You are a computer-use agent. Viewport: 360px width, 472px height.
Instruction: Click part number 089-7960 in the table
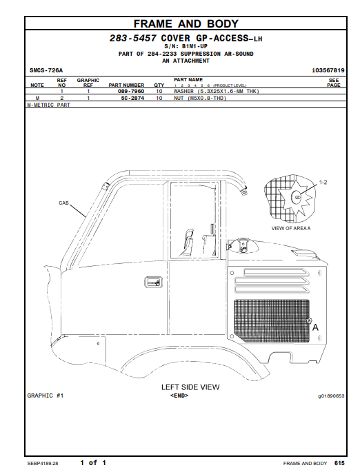point(131,91)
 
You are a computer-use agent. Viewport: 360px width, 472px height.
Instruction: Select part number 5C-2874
point(132,98)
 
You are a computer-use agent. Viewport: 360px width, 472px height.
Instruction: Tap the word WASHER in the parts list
point(183,91)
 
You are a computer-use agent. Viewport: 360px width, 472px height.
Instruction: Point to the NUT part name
point(179,98)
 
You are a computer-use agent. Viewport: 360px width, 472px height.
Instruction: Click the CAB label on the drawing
point(63,203)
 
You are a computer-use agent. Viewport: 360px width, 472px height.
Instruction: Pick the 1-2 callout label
point(323,183)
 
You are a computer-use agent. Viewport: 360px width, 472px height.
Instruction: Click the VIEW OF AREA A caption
point(291,229)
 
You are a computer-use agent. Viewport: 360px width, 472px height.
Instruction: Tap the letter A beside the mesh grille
point(315,327)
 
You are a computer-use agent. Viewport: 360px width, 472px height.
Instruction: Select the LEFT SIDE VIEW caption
point(190,387)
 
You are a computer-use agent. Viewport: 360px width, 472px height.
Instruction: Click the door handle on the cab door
point(153,283)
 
